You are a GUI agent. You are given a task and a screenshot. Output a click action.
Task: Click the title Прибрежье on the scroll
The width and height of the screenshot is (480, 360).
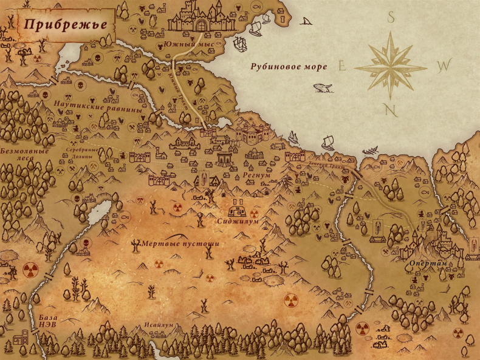(67, 25)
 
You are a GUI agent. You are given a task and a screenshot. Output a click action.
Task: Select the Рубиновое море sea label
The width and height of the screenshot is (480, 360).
(289, 66)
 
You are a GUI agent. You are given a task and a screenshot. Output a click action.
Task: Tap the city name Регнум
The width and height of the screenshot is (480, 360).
(255, 175)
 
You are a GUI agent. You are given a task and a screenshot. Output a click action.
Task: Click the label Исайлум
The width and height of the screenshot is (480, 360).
(159, 325)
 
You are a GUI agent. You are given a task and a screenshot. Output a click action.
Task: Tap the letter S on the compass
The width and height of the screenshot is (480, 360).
(392, 19)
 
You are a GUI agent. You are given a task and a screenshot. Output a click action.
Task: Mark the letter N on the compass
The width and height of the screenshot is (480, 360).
(392, 109)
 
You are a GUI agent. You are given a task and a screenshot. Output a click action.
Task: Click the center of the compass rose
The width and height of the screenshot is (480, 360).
(392, 66)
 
